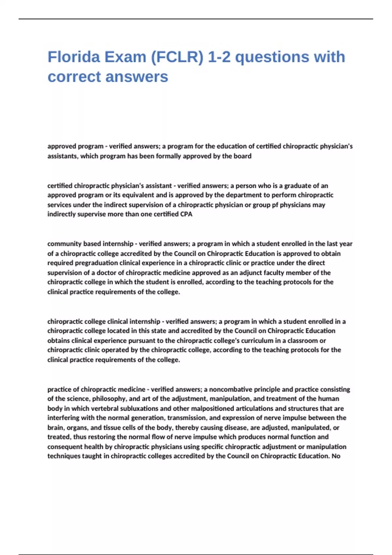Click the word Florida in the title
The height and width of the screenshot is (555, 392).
[74, 57]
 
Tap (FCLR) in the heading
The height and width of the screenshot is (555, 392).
[177, 57]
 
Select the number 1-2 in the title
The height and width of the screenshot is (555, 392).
[220, 57]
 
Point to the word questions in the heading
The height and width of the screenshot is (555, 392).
[272, 57]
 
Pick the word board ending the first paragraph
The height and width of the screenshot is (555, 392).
[242, 156]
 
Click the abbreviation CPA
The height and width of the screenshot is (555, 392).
[186, 214]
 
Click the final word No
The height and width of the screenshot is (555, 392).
[336, 456]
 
